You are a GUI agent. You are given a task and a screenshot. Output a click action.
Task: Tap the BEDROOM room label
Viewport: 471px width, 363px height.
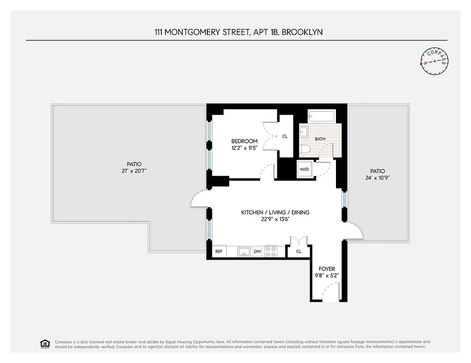coord(244,141)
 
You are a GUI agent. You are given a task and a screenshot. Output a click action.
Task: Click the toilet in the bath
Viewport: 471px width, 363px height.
coord(305,149)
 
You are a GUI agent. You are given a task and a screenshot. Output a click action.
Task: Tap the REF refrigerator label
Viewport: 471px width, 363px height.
coord(219,251)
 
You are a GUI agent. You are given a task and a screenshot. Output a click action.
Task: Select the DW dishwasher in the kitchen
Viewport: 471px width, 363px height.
coord(257,251)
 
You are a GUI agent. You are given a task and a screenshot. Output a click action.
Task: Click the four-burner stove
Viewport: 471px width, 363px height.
coord(271,251)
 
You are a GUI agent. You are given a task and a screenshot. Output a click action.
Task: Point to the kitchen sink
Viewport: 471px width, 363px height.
coord(243,251)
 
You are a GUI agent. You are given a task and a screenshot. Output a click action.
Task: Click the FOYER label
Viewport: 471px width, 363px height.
coord(326,269)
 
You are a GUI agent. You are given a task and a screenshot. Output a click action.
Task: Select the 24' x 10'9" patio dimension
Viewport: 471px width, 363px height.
coord(377,178)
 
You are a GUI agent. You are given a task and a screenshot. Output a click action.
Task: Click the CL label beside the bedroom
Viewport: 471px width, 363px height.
coord(285,136)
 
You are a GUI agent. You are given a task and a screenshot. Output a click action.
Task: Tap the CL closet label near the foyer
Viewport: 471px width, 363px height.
coord(299,251)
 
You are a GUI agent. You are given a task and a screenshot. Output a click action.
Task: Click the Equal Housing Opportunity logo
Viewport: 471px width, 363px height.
coord(45,343)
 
